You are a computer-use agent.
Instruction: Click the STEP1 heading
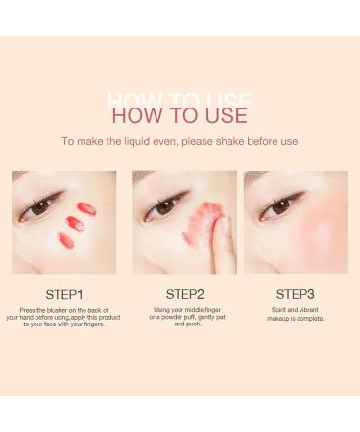click(64, 293)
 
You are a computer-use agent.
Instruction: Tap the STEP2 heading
click(184, 293)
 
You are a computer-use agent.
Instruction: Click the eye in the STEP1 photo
click(39, 206)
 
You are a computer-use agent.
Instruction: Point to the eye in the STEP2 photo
click(165, 205)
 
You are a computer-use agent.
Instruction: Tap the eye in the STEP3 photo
click(280, 205)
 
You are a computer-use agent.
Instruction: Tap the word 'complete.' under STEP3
click(307, 319)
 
